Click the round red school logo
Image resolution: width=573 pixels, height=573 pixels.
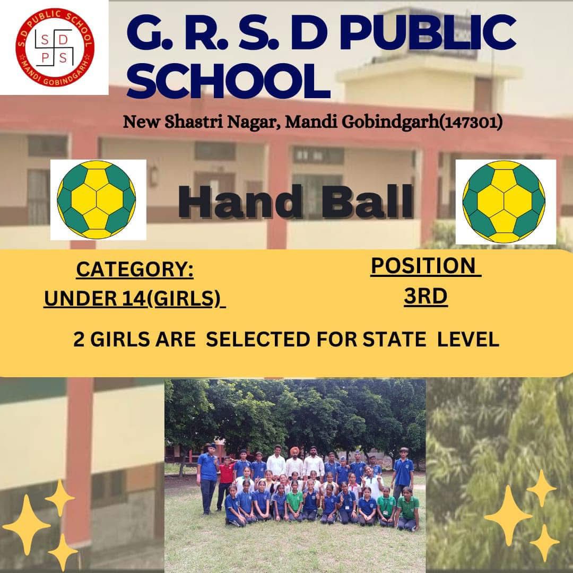click(x=55, y=48)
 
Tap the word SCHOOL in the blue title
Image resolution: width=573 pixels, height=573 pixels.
click(x=228, y=81)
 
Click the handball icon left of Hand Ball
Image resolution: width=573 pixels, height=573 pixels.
click(x=97, y=199)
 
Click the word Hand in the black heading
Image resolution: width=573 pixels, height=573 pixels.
click(x=241, y=202)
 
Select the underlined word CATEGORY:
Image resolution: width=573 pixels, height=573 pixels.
click(x=135, y=270)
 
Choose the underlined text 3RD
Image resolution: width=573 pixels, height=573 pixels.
click(x=426, y=296)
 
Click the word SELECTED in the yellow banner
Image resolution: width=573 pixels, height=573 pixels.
click(x=258, y=340)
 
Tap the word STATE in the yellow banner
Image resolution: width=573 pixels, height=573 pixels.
click(x=394, y=340)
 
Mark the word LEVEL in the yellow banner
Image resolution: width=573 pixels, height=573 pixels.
click(x=468, y=340)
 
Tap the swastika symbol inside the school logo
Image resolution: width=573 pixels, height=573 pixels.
click(x=54, y=48)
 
